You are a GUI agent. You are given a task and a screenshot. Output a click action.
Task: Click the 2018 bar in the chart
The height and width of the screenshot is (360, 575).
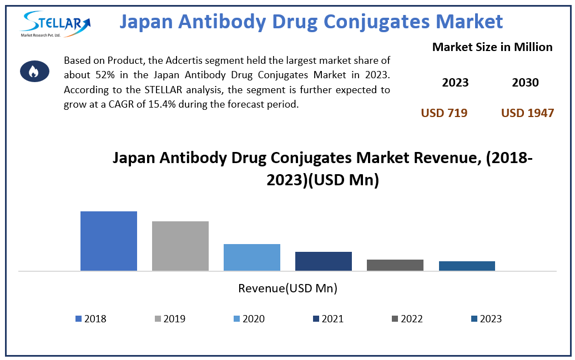[x=109, y=241]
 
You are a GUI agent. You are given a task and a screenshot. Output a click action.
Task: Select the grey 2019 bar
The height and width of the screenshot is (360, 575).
[x=180, y=246]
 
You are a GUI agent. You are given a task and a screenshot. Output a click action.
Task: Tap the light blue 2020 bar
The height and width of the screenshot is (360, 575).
[x=252, y=257]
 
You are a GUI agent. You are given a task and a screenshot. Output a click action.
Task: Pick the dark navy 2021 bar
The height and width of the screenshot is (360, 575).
[x=324, y=261]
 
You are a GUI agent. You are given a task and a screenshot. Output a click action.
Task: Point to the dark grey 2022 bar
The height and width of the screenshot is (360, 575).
[x=395, y=265]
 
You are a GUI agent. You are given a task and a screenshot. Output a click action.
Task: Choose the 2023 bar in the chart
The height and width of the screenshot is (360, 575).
[x=467, y=266]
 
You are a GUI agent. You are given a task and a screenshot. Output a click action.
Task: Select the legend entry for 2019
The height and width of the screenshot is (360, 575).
[x=170, y=319]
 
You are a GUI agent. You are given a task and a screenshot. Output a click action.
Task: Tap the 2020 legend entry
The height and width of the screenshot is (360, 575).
[x=249, y=319]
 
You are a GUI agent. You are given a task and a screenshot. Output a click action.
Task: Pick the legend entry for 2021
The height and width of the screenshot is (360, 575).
[x=328, y=319]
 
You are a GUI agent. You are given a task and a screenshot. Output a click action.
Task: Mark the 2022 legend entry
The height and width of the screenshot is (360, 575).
[x=407, y=319]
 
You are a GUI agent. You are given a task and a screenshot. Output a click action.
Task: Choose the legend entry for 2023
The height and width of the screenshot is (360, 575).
[x=486, y=319]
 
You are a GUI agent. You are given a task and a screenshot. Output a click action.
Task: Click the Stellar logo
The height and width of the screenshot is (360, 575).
[x=55, y=24]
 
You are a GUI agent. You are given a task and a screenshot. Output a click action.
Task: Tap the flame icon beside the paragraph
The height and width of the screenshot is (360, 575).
[x=34, y=71]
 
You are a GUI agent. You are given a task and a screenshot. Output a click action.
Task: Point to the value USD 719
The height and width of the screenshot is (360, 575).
[x=444, y=113]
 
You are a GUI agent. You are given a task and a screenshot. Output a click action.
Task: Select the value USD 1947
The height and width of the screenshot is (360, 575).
[x=527, y=113]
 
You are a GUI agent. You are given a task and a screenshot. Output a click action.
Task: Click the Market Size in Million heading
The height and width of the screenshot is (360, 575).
[x=492, y=47]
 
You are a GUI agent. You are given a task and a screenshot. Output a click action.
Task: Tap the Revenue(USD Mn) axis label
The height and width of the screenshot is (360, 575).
[x=287, y=288]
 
